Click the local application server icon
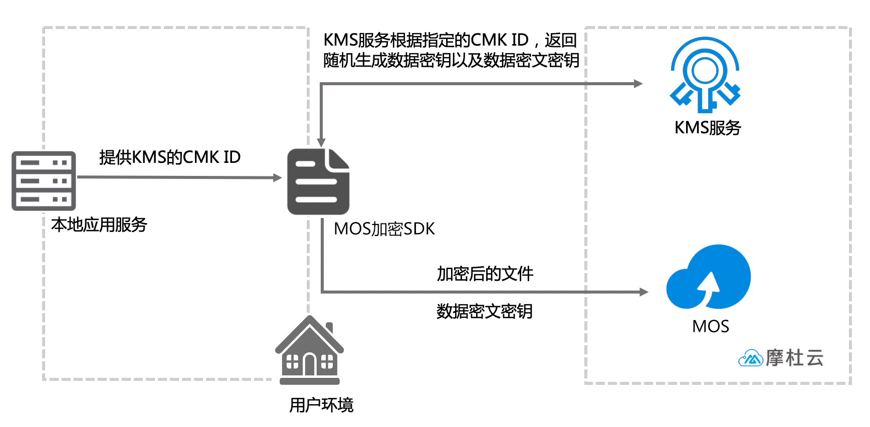(44, 181)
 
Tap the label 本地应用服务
(99, 225)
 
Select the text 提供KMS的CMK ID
(170, 157)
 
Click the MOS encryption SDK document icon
(318, 182)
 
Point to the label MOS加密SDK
(384, 229)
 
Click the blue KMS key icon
(705, 75)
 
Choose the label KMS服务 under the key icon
(708, 128)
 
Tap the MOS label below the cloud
(710, 327)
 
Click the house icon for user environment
(310, 351)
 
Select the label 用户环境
(321, 405)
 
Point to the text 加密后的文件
(485, 274)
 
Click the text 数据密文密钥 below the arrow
(484, 312)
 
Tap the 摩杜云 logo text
(794, 358)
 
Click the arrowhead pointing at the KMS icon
(638, 84)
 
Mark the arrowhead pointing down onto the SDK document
(321, 143)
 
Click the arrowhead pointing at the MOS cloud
(644, 292)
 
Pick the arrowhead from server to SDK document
(277, 177)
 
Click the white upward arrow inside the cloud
(709, 286)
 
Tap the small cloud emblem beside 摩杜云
(750, 358)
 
